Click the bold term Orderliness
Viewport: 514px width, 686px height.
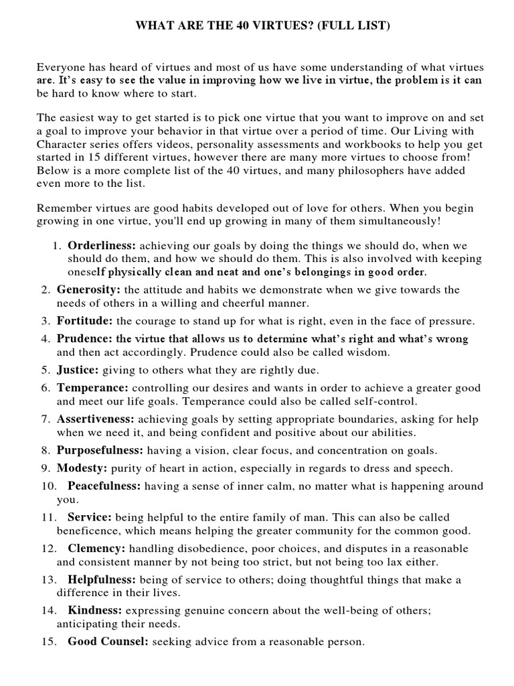(x=98, y=246)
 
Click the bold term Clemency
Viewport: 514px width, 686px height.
(x=96, y=548)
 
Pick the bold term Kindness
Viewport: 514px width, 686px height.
(x=94, y=610)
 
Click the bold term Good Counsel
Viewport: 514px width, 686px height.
(x=108, y=641)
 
